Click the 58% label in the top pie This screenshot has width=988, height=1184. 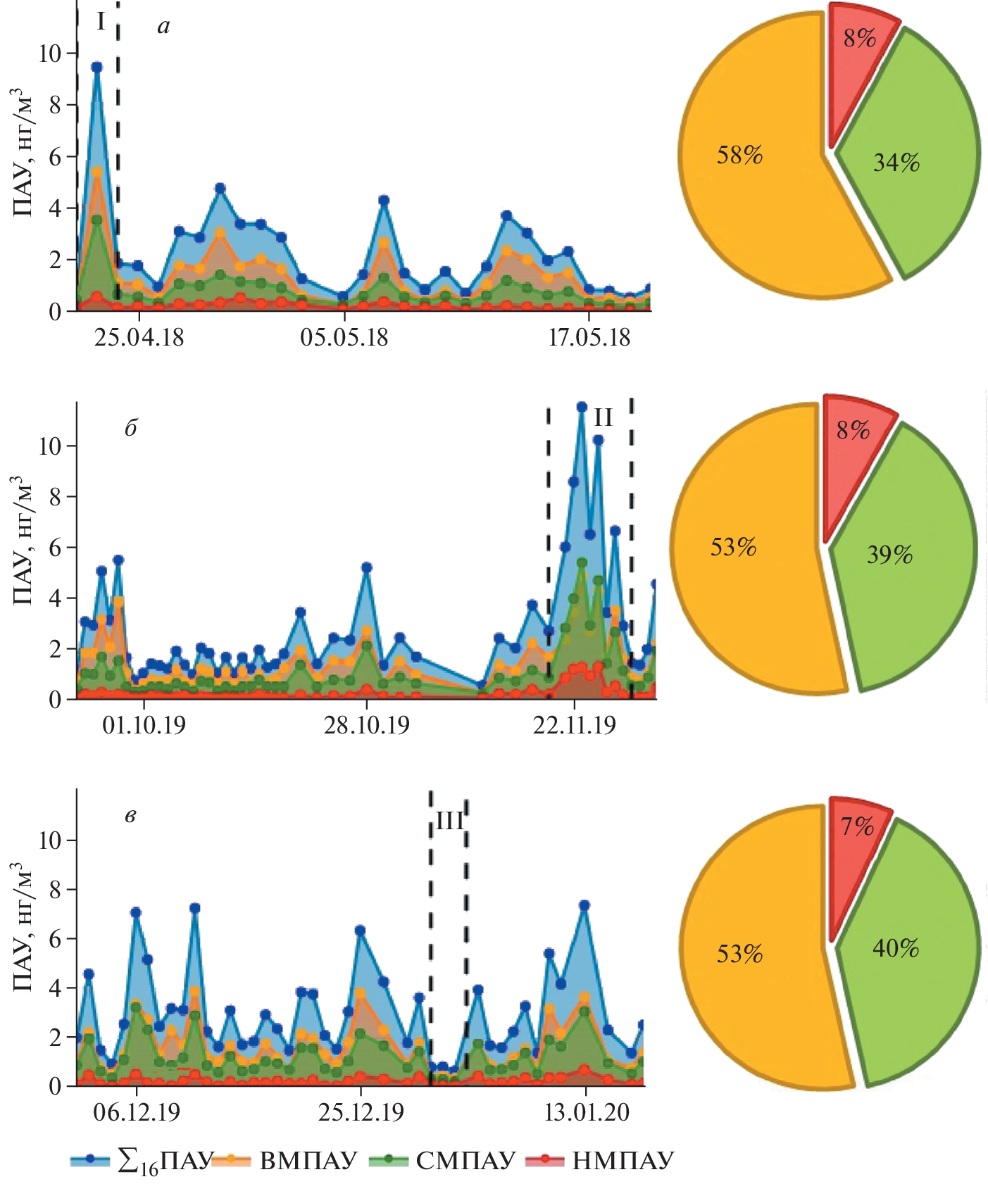tap(739, 155)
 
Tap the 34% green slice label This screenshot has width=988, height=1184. tap(896, 163)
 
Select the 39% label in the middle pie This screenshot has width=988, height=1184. tap(889, 555)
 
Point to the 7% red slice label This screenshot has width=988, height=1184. tap(857, 826)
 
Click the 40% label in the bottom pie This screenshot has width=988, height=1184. tap(896, 948)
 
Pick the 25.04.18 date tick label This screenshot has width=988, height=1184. tap(139, 337)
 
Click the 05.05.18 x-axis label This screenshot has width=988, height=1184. tap(344, 337)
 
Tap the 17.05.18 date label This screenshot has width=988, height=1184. tap(589, 337)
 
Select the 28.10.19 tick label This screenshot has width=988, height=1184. tap(366, 725)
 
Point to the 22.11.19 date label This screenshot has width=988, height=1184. tap(574, 725)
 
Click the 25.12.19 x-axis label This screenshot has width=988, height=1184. tap(361, 1112)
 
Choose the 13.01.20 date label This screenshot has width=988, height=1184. tap(587, 1112)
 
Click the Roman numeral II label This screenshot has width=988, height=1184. tap(603, 417)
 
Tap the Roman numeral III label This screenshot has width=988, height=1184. tap(449, 820)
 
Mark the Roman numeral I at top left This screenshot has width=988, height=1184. tap(101, 23)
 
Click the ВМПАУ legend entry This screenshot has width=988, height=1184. tap(308, 1160)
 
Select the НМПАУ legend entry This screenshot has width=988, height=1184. tap(623, 1160)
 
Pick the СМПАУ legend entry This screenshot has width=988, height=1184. tap(465, 1160)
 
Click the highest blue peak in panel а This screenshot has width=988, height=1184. tap(97, 67)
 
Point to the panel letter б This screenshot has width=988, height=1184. tap(130, 428)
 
